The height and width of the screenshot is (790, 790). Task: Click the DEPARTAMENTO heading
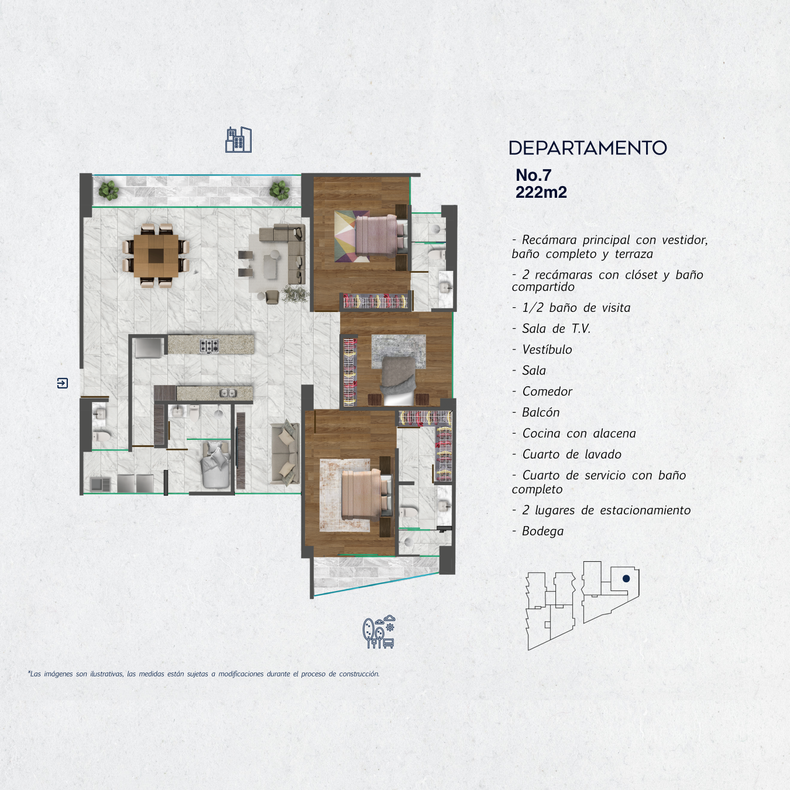(588, 148)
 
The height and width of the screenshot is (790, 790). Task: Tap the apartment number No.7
(533, 175)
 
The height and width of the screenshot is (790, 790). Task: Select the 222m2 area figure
(541, 192)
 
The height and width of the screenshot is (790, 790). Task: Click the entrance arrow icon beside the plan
(62, 383)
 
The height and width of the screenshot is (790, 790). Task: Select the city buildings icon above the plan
(238, 140)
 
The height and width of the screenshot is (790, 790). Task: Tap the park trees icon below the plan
(379, 632)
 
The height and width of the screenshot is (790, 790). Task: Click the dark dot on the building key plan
(626, 579)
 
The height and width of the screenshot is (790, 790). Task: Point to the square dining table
(156, 255)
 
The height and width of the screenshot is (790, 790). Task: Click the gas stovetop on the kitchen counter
(209, 346)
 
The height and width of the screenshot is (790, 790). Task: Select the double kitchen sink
(228, 394)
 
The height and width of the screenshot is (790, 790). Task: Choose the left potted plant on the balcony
(108, 190)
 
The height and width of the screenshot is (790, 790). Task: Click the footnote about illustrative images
(204, 674)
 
